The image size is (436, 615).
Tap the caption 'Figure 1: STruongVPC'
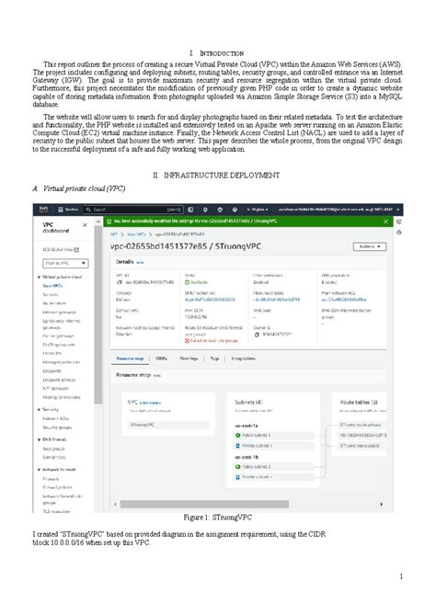pos(218,518)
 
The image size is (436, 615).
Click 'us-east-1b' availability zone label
pos(250,455)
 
